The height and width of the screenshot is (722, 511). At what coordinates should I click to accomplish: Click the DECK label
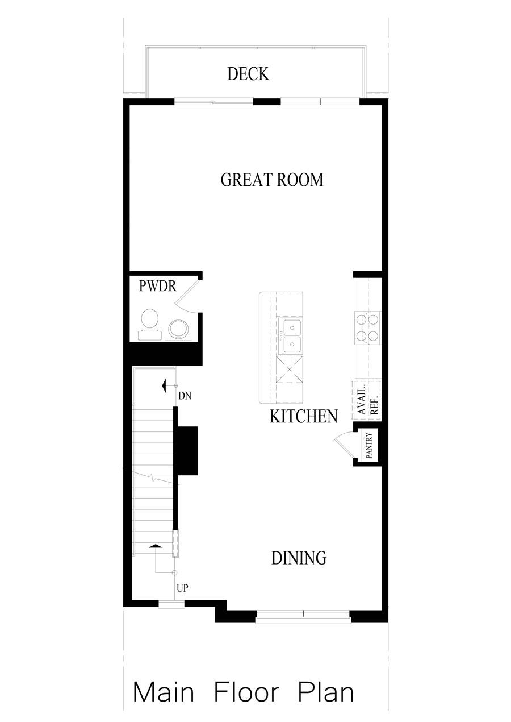click(248, 74)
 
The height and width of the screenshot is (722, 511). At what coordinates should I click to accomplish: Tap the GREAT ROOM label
click(272, 180)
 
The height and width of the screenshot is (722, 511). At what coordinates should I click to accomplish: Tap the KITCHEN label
click(303, 417)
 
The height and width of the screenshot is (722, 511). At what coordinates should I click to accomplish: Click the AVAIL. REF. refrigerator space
click(367, 400)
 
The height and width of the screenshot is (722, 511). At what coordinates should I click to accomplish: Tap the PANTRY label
click(368, 446)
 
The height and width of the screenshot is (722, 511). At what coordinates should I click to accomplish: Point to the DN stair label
click(183, 396)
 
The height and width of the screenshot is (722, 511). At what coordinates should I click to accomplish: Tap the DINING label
click(299, 558)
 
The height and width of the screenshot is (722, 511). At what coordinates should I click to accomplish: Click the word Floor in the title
click(246, 692)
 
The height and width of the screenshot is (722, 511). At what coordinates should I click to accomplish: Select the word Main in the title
click(164, 692)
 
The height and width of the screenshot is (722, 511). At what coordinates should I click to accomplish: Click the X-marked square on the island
click(289, 370)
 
